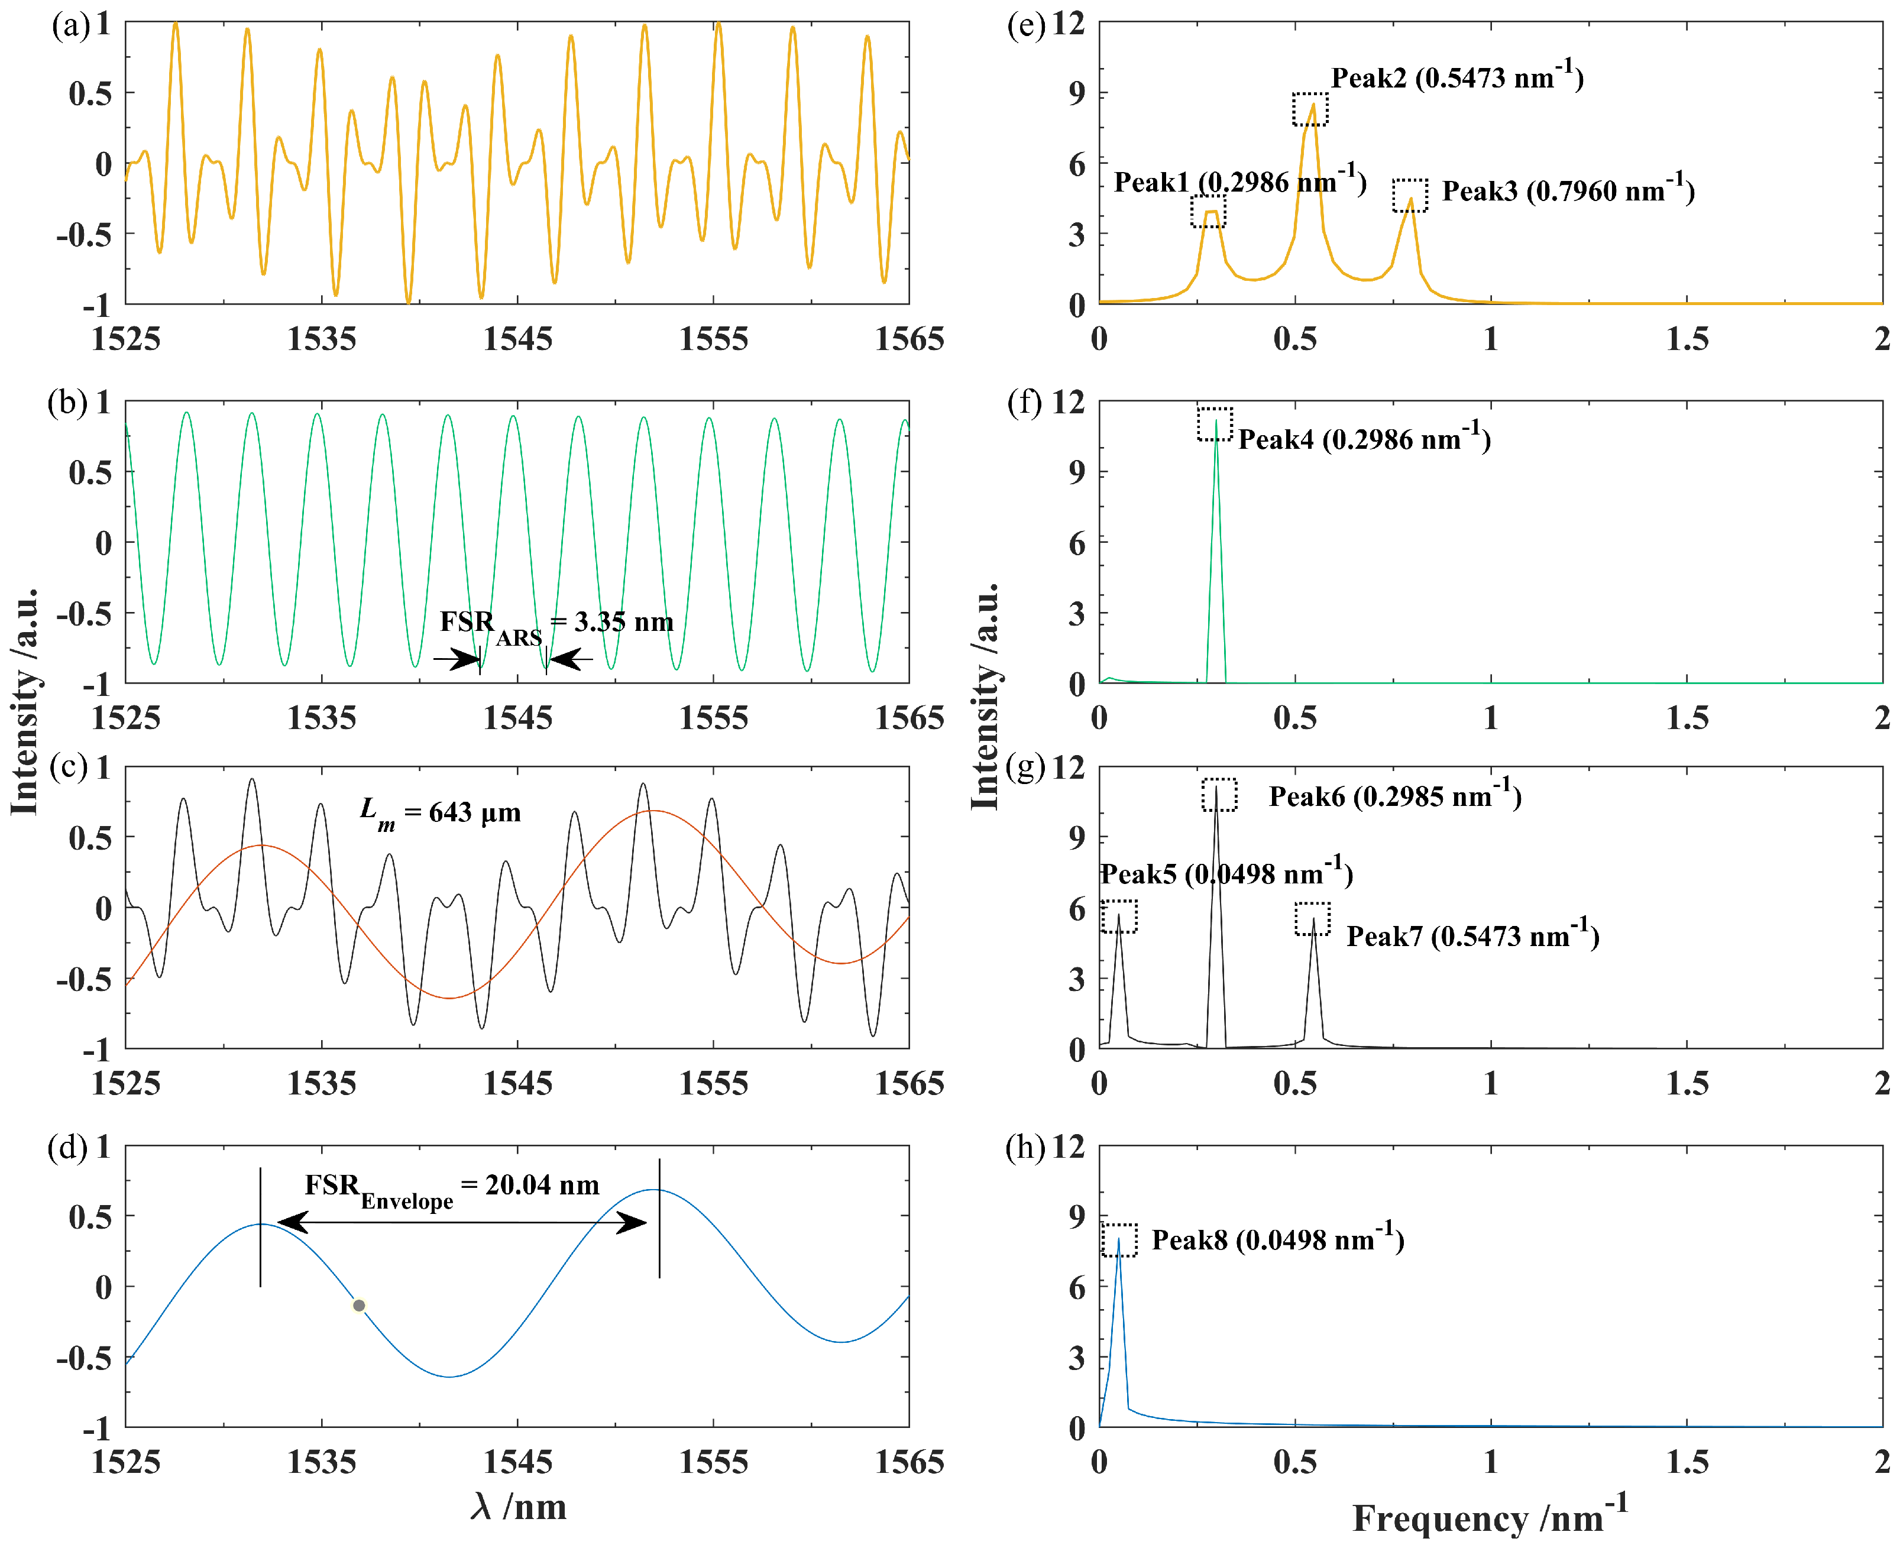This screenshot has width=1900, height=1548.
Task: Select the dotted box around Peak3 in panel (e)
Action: pos(1410,195)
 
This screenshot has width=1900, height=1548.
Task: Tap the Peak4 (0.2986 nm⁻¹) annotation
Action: pos(1364,439)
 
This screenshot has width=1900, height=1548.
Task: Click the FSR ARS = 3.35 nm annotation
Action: pos(556,623)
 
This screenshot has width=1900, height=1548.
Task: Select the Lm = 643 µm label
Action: pos(441,813)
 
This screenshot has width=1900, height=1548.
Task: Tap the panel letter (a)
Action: pos(70,25)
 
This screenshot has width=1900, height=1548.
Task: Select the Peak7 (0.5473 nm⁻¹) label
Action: pos(1472,936)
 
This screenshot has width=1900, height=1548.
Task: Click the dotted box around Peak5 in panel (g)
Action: pos(1119,916)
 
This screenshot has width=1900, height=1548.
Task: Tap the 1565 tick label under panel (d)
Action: pos(908,1462)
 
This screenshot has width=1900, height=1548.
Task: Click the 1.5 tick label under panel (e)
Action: pos(1687,339)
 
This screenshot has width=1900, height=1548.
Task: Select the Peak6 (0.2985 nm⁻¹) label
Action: pos(1394,796)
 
